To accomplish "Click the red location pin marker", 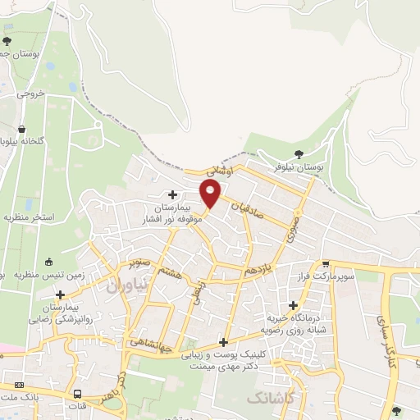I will point(211,194).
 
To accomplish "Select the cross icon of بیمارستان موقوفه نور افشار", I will point(172,194).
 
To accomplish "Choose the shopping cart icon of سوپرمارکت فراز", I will point(326,264).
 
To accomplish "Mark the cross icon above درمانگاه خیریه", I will point(293,304).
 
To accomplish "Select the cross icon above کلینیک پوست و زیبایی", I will point(223,343).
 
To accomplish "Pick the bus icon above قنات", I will point(78,393).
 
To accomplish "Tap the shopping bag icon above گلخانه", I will point(21,129).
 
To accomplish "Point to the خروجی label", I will point(33,94).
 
